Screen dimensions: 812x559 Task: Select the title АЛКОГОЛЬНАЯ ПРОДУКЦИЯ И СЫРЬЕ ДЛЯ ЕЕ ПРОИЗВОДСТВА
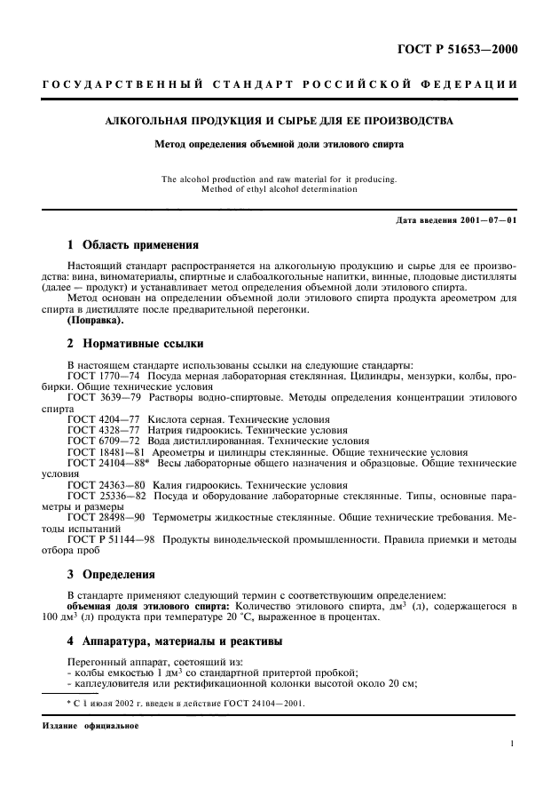[279, 120]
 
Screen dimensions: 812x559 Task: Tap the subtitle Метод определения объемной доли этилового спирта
[279, 142]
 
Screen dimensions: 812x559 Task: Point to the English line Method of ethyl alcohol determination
[279, 188]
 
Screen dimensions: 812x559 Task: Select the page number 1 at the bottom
[513, 746]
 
